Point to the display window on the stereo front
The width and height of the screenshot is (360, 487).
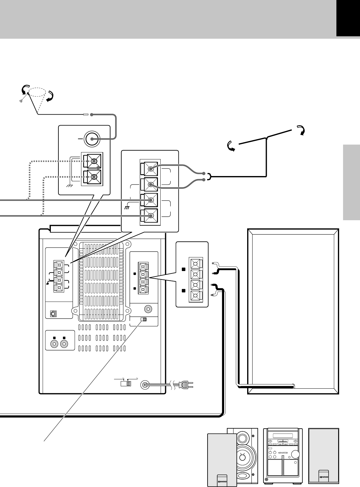click(283, 436)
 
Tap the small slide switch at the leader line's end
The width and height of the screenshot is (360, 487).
click(143, 320)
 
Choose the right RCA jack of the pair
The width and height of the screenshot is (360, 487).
click(64, 344)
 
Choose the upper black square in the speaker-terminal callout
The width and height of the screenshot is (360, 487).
click(183, 269)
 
